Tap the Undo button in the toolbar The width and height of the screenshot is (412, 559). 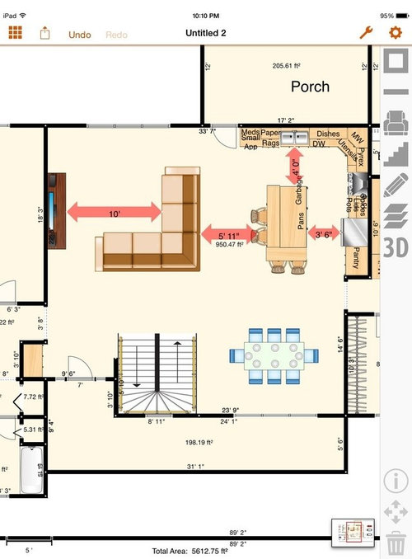click(x=80, y=34)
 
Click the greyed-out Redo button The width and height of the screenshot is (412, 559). click(x=116, y=34)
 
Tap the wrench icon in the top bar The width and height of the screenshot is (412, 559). click(x=367, y=33)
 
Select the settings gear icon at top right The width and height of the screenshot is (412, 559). click(x=396, y=33)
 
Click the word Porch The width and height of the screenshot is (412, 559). click(x=310, y=87)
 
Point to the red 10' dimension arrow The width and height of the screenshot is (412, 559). click(x=114, y=213)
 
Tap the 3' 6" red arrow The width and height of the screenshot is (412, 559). click(x=324, y=234)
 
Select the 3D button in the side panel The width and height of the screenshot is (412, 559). click(x=396, y=247)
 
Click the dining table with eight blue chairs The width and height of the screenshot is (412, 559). click(x=274, y=355)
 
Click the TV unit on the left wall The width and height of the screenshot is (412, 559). click(x=56, y=210)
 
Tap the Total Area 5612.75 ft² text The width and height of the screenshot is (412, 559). click(x=190, y=550)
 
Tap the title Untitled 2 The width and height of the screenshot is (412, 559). click(x=206, y=34)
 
